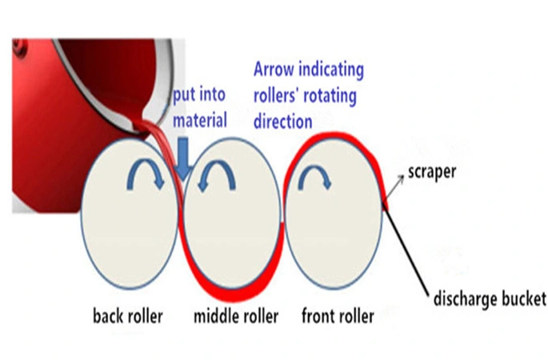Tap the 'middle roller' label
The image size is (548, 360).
236,317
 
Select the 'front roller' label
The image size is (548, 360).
338,316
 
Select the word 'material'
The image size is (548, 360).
201,121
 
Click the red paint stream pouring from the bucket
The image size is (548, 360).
157,128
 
